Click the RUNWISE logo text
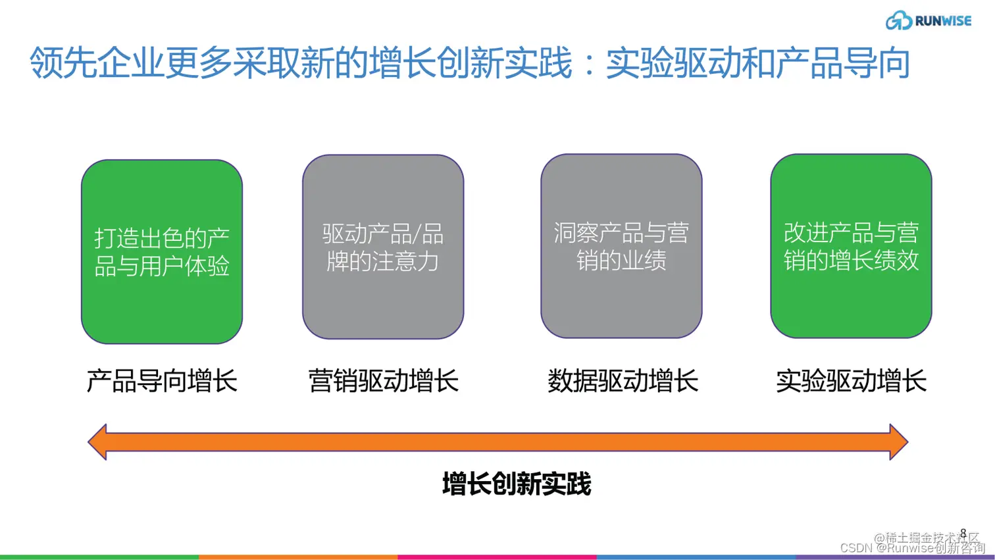943,21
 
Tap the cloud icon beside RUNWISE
898,20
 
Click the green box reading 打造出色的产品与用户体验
162,251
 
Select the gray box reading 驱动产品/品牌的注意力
383,247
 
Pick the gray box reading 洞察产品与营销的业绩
621,246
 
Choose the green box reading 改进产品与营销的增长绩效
851,246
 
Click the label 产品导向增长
162,381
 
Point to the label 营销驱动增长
383,381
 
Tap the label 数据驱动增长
623,381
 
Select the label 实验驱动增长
851,381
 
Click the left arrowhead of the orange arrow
98,442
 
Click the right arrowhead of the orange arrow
898,442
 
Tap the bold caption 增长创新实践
517,484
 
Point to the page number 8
963,533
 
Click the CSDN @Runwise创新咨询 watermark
912,548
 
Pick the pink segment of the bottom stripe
497,557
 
